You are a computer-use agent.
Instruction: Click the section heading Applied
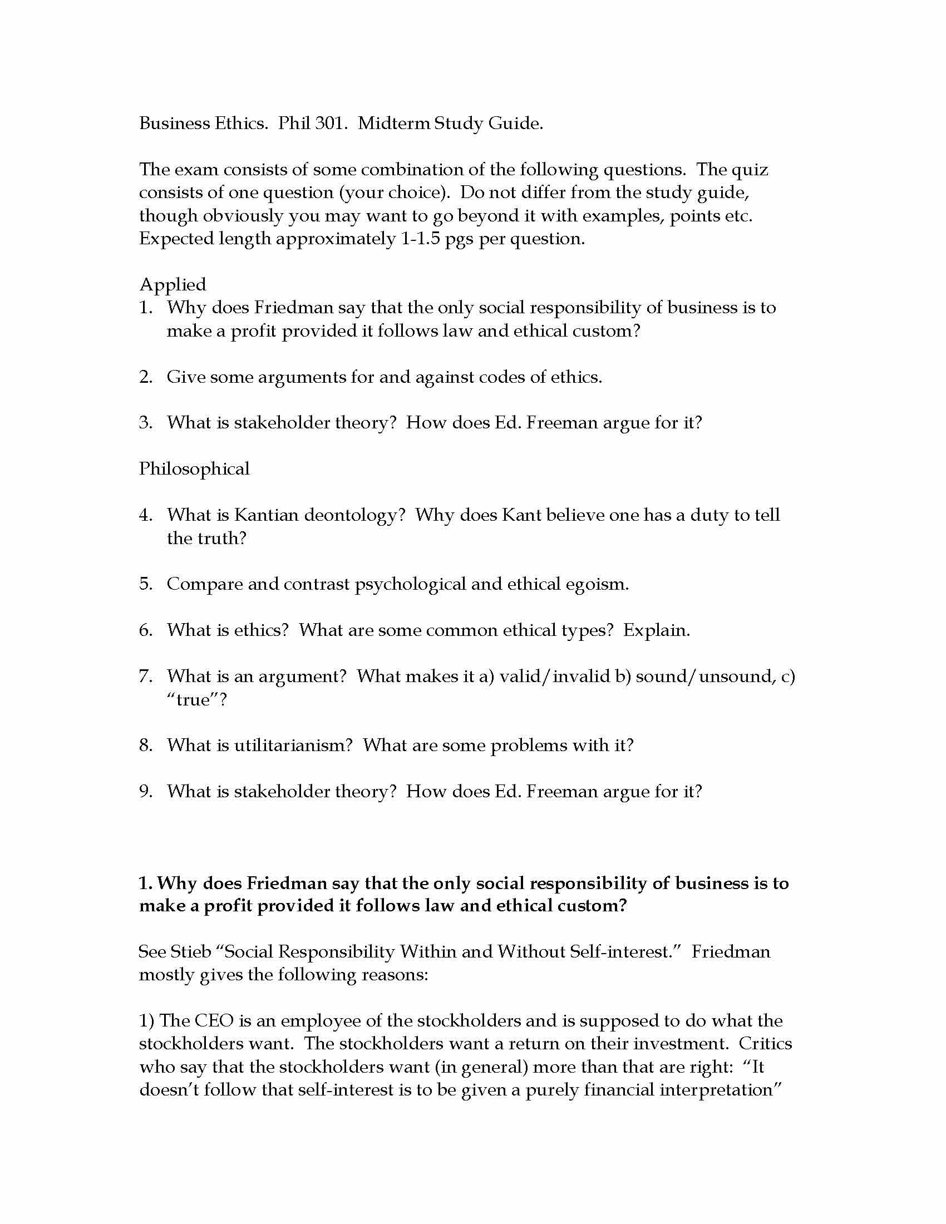173,285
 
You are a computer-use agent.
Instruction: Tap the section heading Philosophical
194,469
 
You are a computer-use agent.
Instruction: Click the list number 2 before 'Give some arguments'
145,377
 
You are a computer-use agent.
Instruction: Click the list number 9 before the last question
145,792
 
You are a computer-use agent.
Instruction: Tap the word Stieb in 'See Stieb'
190,952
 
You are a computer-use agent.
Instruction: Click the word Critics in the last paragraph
765,1044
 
